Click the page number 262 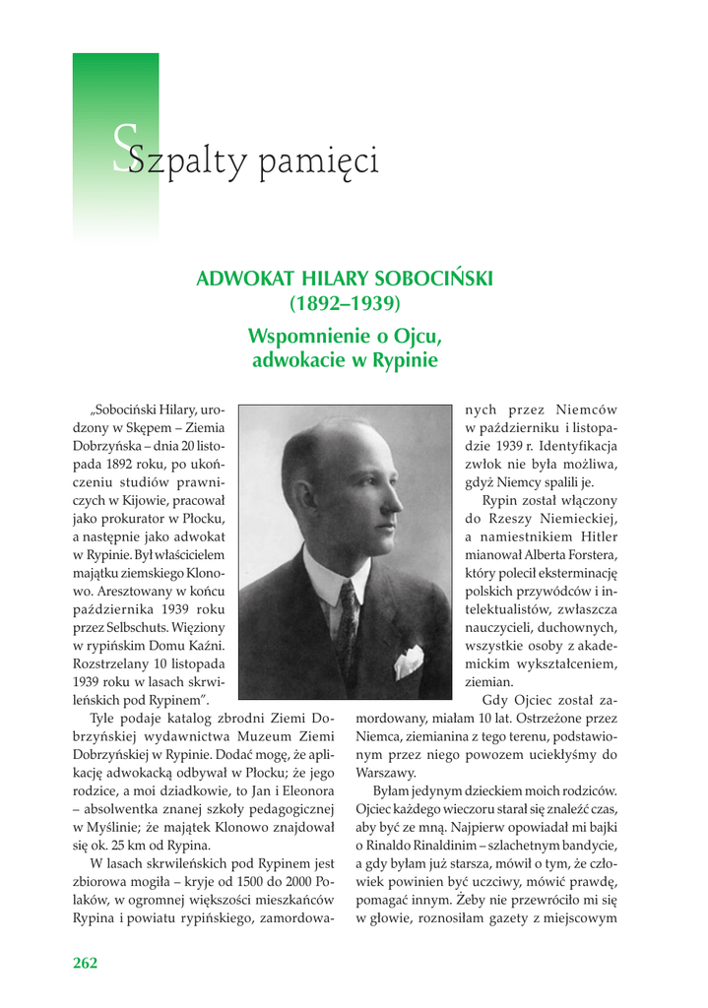click(x=86, y=963)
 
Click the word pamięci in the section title click(x=318, y=162)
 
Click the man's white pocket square click(x=409, y=661)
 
